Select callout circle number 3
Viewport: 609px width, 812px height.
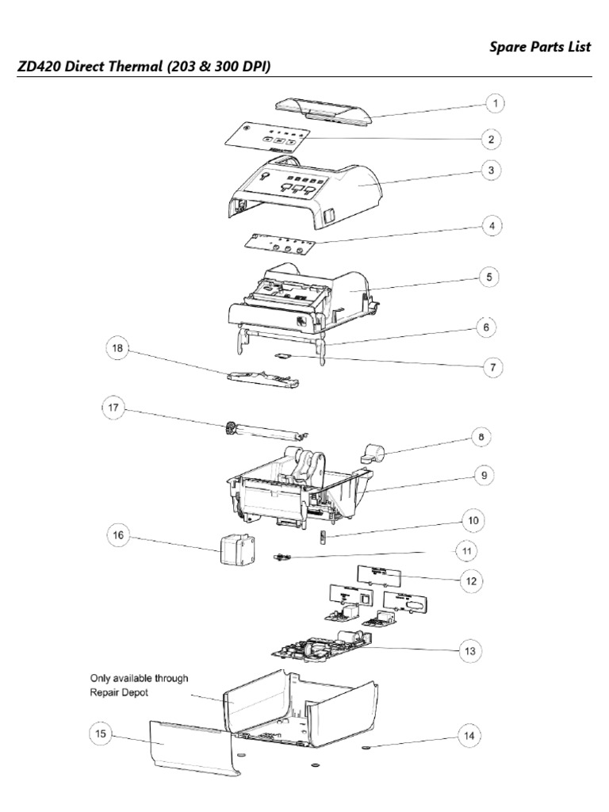click(x=492, y=170)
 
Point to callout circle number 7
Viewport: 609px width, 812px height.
click(x=492, y=367)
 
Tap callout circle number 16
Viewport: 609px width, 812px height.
click(x=118, y=535)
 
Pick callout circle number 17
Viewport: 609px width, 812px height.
click(x=113, y=408)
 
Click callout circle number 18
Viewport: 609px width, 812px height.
click(x=118, y=347)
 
